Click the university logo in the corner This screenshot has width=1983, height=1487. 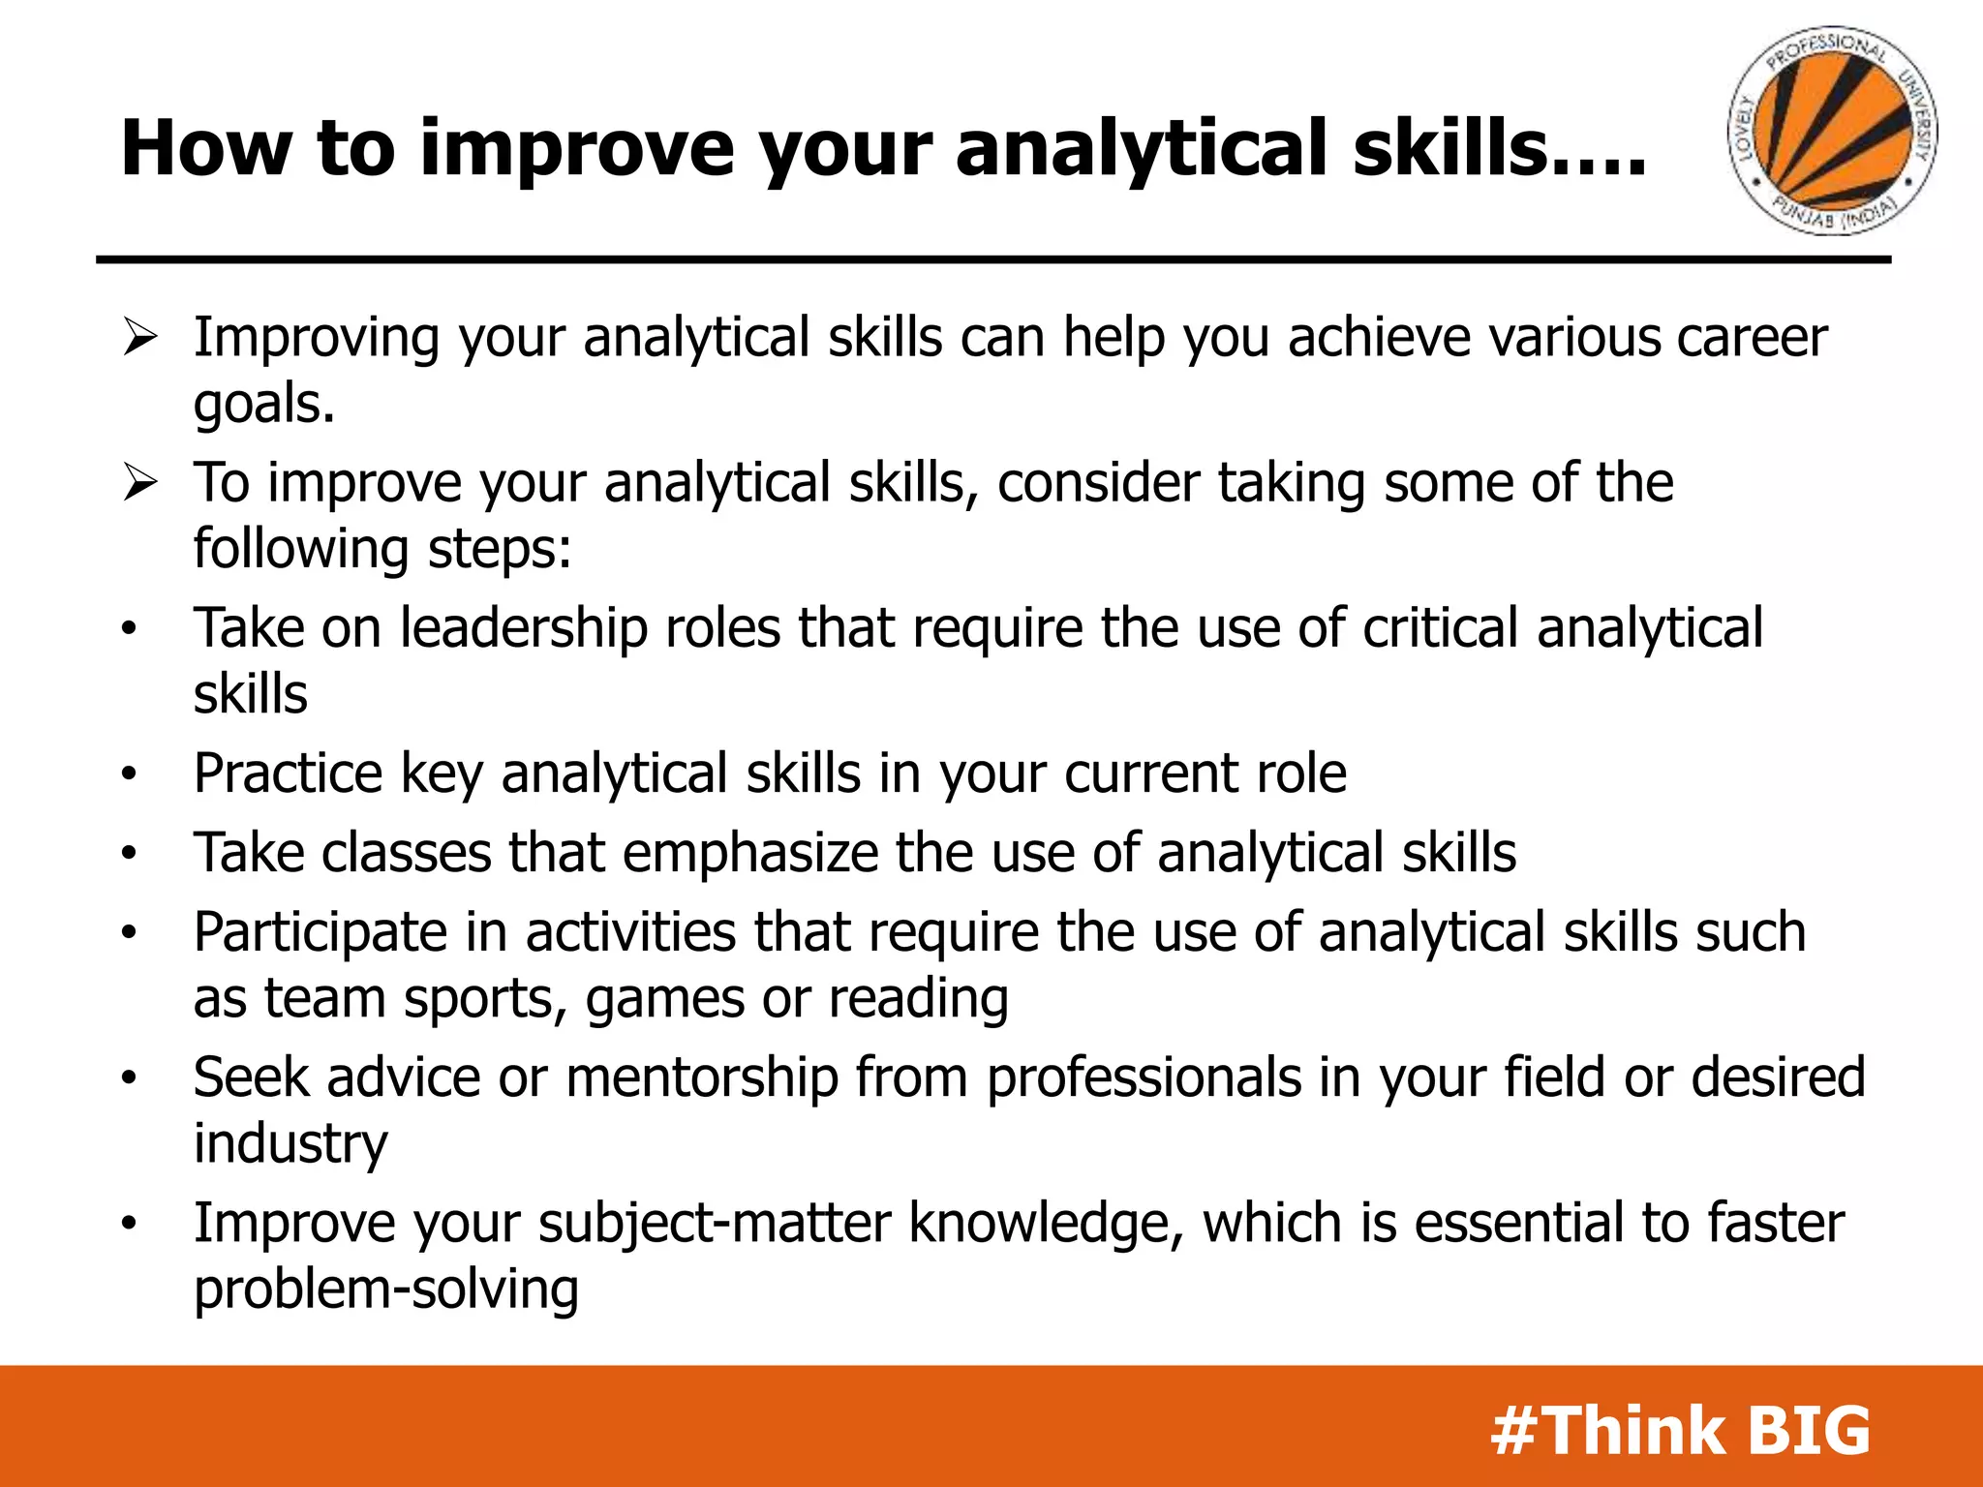click(1832, 131)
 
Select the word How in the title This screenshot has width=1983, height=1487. click(205, 148)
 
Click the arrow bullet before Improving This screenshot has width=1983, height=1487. click(139, 339)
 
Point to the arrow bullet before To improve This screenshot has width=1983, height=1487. click(139, 483)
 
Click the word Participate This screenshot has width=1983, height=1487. click(320, 933)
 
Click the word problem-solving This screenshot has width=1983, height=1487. click(385, 1290)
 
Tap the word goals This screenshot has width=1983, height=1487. click(263, 405)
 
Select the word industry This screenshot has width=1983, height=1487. click(290, 1144)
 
